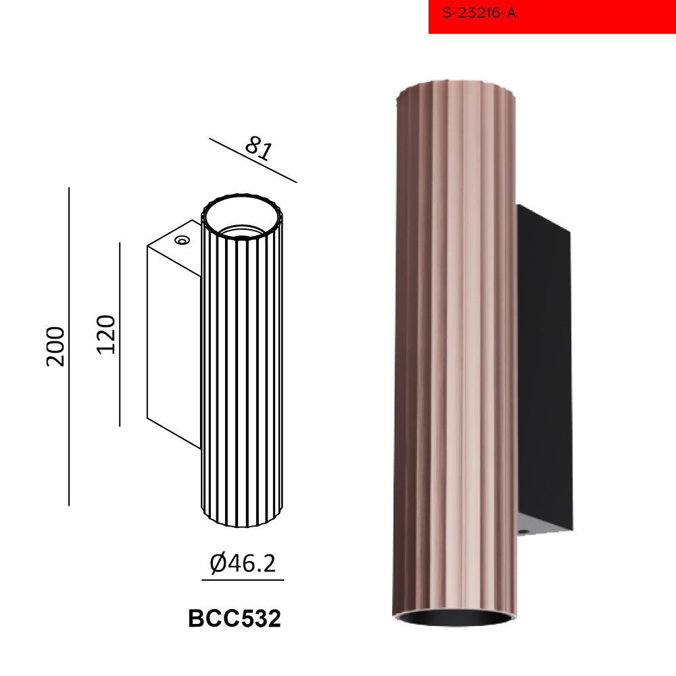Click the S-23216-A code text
point(479,13)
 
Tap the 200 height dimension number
point(55,347)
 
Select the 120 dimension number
point(106,335)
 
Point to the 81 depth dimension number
point(259,148)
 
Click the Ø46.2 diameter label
point(243,563)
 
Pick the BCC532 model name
point(235,619)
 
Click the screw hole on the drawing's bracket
point(182,240)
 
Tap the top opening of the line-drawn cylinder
point(242,215)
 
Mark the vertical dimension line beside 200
point(69,347)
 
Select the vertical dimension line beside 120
point(120,335)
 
